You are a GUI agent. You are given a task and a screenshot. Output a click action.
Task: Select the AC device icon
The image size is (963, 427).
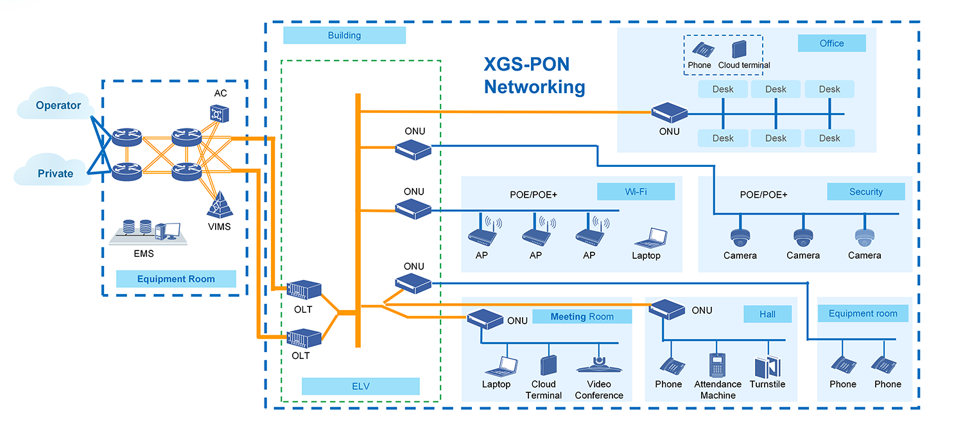(x=220, y=112)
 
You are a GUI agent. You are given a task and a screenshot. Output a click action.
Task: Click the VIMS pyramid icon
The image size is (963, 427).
(x=219, y=205)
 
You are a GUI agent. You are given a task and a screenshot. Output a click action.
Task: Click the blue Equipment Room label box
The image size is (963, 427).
(x=176, y=279)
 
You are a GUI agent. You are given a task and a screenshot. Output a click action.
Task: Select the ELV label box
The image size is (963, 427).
(x=360, y=386)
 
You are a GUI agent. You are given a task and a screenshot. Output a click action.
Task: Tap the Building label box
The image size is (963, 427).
(x=344, y=35)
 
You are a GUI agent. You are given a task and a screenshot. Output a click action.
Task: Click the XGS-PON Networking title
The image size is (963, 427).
(x=534, y=76)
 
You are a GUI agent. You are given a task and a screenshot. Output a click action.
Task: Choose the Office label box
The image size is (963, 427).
(x=831, y=43)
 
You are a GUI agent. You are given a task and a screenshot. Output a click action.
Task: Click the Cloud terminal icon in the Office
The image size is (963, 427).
(x=739, y=50)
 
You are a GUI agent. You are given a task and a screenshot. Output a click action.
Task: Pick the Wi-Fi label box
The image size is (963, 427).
(x=636, y=191)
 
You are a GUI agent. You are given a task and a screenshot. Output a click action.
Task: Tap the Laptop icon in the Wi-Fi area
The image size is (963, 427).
(x=646, y=238)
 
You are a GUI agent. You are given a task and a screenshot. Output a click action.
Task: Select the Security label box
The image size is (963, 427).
(x=865, y=191)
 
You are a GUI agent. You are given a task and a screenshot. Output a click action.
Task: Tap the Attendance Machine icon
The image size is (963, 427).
(x=717, y=365)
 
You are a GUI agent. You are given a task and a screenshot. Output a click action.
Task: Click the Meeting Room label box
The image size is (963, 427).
(x=582, y=316)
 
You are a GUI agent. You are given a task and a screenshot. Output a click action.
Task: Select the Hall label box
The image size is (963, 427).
(x=767, y=314)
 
